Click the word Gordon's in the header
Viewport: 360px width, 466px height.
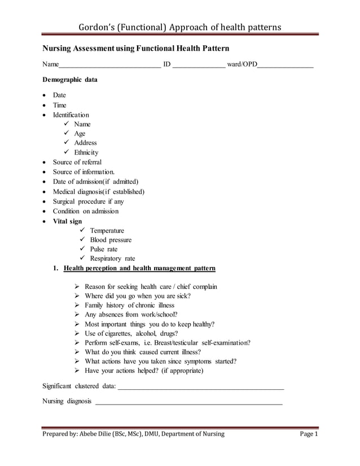point(96,28)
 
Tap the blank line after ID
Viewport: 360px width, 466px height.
point(198,67)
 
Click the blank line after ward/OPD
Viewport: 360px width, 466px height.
point(285,67)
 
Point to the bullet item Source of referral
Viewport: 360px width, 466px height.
point(77,162)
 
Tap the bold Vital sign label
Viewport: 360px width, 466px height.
point(67,221)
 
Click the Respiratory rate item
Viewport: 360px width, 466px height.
point(112,259)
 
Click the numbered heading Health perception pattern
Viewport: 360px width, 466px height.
point(139,269)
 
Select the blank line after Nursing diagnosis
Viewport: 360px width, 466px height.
point(189,403)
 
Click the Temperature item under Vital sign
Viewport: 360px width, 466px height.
point(107,231)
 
